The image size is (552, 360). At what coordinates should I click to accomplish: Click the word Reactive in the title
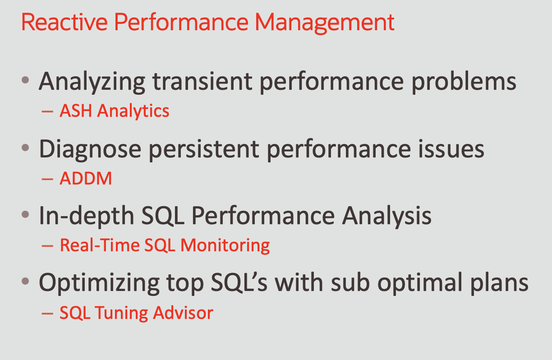[64, 22]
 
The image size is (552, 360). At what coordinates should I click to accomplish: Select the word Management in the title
[324, 23]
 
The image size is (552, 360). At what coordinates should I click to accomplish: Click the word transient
[202, 81]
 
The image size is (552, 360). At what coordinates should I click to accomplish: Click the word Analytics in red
[133, 111]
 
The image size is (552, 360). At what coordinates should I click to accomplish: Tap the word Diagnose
[90, 150]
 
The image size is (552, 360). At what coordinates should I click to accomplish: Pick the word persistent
[204, 150]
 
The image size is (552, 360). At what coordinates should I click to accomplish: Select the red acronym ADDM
[86, 178]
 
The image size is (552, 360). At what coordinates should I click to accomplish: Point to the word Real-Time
[100, 245]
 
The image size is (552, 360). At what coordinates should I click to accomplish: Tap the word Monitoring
[225, 246]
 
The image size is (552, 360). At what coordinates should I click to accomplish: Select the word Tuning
[121, 314]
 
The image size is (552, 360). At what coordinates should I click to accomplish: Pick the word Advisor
[183, 313]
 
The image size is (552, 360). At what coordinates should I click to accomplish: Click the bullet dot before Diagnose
[25, 148]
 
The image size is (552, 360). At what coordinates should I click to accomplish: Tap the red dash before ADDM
[47, 179]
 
